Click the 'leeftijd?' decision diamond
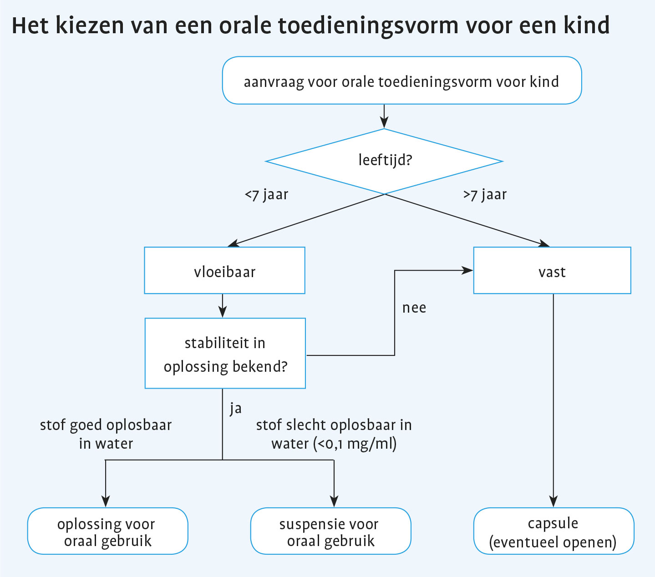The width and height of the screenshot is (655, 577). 384,161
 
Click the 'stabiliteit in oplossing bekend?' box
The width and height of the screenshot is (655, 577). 225,354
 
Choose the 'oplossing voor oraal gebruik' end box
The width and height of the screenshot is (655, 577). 107,531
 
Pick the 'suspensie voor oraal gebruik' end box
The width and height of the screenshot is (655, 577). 330,531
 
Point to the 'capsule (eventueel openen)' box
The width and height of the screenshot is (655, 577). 553,531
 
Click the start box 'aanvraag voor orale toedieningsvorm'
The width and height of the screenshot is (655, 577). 401,81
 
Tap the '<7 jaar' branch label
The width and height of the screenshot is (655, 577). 266,195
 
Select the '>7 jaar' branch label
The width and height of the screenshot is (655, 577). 485,195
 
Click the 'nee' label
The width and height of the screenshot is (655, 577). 414,308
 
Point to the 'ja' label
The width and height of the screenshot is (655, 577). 235,408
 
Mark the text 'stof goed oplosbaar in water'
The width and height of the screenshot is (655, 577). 106,434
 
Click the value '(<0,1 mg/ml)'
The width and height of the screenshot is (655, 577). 355,443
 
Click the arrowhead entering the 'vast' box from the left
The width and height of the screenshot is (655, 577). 468,271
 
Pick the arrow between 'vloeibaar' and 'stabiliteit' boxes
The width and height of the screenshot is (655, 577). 222,306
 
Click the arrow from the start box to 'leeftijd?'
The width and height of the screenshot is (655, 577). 384,116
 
